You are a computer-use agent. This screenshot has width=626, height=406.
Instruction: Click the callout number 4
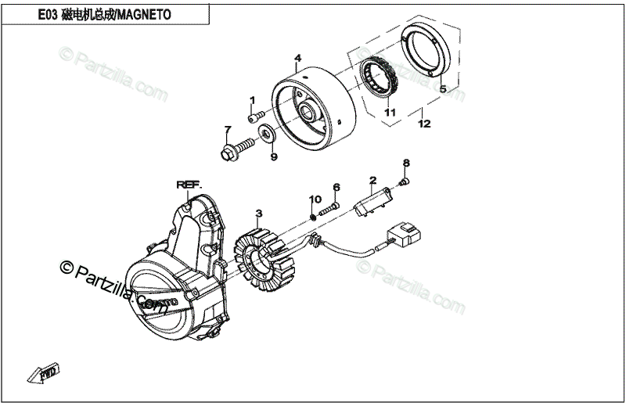tap(298, 59)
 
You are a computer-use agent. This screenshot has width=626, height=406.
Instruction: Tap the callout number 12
tap(423, 124)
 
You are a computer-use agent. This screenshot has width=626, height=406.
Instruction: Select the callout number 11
tap(389, 113)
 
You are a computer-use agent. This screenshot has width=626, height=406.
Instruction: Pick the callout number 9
tap(273, 157)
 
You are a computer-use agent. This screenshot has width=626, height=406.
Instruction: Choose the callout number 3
tap(259, 213)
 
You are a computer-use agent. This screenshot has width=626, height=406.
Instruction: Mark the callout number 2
tap(373, 180)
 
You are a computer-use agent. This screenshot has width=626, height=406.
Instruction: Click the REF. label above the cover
tap(189, 185)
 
